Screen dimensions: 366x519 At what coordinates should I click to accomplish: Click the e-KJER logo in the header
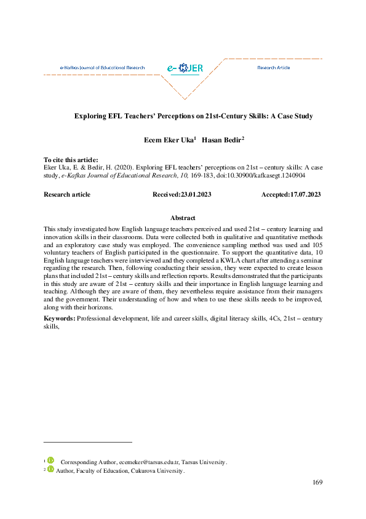pyautogui.click(x=185, y=68)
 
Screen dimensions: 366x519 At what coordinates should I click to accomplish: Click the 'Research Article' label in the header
pyautogui.click(x=274, y=67)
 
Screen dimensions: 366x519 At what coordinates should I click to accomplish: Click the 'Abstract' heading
pyautogui.click(x=183, y=218)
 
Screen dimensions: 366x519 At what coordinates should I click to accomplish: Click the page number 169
pyautogui.click(x=317, y=482)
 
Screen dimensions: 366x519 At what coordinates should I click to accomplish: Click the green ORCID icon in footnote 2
pyautogui.click(x=51, y=470)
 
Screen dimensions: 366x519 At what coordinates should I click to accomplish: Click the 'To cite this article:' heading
pyautogui.click(x=71, y=160)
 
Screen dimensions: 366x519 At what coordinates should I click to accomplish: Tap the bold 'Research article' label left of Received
pyautogui.click(x=67, y=194)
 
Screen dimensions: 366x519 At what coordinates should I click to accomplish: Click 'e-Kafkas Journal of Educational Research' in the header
pyautogui.click(x=102, y=67)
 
